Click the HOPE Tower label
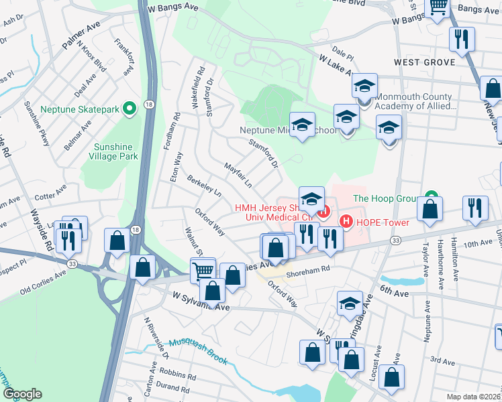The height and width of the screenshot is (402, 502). (381, 221)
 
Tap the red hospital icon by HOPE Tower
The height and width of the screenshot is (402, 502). (346, 220)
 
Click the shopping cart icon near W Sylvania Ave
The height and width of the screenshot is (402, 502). (202, 271)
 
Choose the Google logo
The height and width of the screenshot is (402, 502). (22, 394)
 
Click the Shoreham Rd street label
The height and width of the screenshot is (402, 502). (309, 270)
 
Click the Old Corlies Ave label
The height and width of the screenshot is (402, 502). (43, 282)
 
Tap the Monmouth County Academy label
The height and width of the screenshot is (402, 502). (416, 100)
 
